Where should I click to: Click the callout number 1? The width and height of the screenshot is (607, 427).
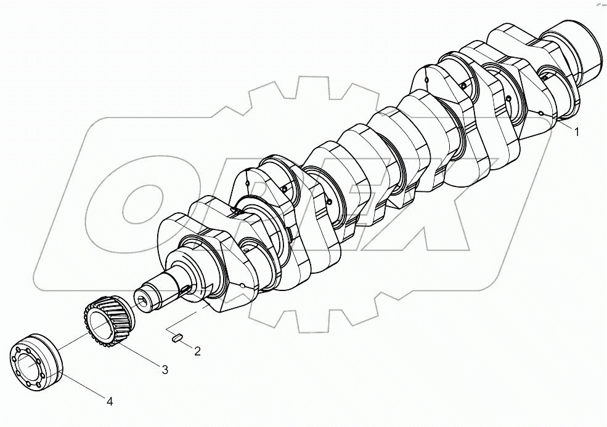(577, 131)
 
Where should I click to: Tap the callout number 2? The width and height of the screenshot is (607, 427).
(197, 351)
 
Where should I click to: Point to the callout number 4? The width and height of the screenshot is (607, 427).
(110, 402)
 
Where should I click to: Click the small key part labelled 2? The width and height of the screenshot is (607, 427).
(176, 337)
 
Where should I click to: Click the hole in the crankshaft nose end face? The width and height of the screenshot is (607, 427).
(143, 301)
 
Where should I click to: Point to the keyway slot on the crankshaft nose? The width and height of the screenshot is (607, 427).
(185, 289)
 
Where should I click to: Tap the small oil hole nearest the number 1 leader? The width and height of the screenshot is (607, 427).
(540, 113)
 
